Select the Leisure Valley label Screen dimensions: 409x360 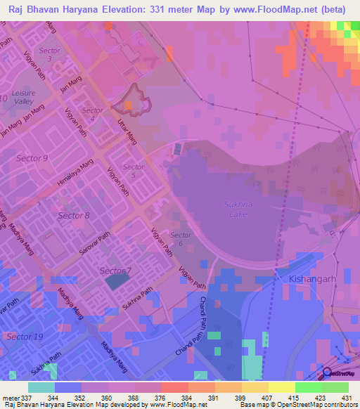click(25, 97)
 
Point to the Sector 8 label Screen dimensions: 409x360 click(74, 215)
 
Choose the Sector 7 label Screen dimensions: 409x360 click(115, 271)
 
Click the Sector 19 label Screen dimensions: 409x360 click(25, 337)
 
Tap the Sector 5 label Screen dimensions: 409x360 click(134, 171)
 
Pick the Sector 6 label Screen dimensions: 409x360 click(181, 239)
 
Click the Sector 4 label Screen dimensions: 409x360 click(93, 115)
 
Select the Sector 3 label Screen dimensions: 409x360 click(50, 55)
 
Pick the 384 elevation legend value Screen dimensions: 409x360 click(186, 398)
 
